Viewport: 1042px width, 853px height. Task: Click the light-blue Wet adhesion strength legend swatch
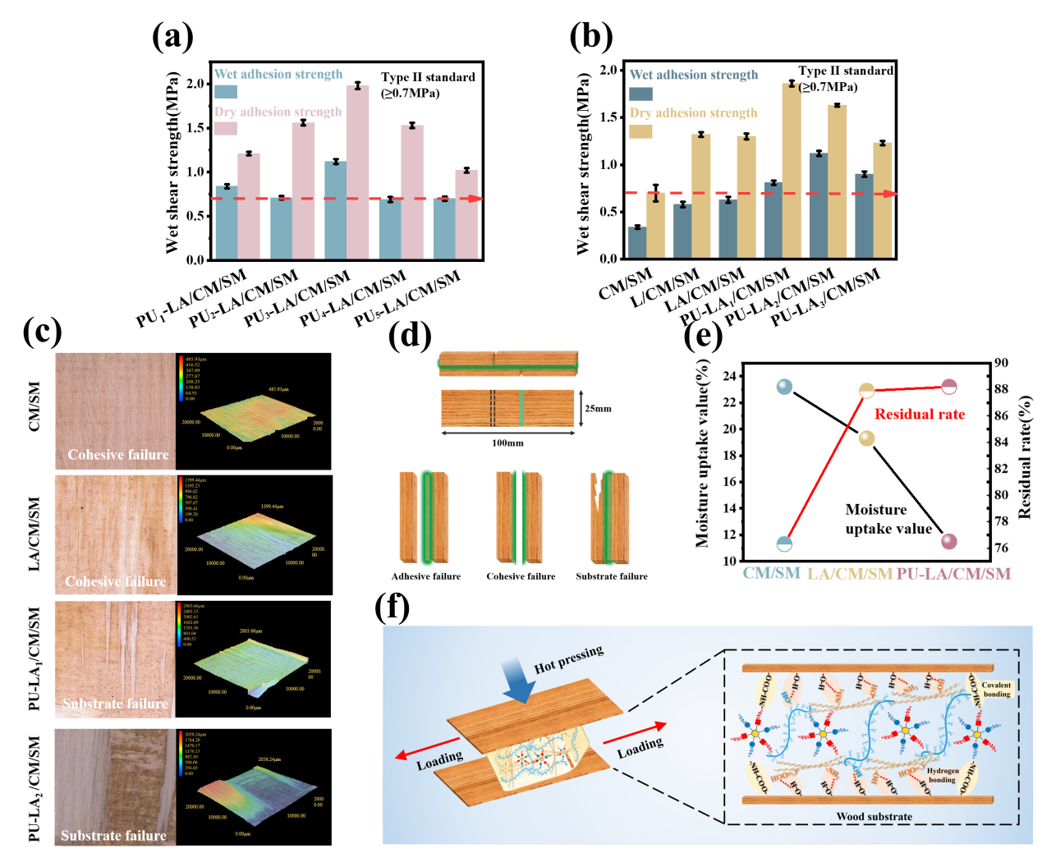[226, 92]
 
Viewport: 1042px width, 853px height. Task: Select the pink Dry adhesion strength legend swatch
[226, 129]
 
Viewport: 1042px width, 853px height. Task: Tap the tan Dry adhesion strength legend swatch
[640, 131]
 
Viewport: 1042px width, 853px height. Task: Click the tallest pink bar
[357, 172]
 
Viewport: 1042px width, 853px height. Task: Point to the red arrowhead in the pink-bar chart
[474, 199]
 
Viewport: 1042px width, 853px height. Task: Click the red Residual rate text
[919, 415]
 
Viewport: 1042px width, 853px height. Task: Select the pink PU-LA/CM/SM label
[953, 574]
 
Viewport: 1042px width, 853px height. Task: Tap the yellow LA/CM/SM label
[849, 574]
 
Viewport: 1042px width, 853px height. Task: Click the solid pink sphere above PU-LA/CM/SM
[948, 541]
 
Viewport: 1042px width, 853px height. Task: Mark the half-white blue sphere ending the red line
[785, 543]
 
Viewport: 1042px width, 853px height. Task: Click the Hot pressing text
[568, 659]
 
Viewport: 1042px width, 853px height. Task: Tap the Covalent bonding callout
[996, 690]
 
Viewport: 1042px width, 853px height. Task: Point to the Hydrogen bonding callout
[942, 775]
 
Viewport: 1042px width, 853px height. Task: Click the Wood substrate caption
[874, 817]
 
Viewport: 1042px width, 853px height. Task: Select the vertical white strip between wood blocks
[519, 517]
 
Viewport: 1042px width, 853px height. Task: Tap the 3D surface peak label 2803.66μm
[250, 631]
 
